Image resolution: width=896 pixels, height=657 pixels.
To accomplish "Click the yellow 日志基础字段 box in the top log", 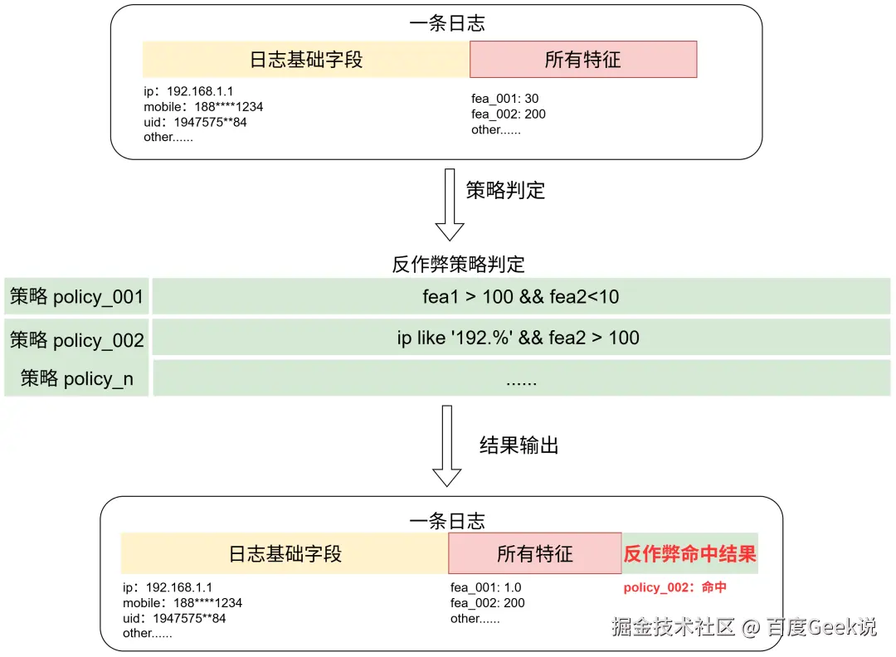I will click(306, 60).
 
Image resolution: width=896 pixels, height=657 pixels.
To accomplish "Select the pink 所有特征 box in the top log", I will click(582, 60).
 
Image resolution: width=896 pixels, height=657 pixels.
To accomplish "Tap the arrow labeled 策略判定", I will click(450, 204).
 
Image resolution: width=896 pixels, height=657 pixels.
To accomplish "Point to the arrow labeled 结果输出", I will click(447, 446).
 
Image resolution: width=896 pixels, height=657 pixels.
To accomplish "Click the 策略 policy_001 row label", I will click(76, 297).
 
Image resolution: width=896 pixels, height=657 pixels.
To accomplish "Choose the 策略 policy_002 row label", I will click(76, 340).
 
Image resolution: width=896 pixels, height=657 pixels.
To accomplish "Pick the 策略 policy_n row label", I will click(76, 379).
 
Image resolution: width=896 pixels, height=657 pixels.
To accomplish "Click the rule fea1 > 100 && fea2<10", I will click(521, 296).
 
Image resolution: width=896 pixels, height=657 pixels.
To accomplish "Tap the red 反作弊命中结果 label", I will click(690, 553).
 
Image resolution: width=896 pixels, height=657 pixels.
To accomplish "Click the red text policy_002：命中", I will click(675, 587).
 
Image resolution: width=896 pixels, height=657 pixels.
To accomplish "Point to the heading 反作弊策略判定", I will click(458, 265).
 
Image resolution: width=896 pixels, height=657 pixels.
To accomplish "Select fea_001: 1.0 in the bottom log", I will click(486, 587).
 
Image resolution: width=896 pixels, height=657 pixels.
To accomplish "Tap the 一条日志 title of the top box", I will click(447, 23).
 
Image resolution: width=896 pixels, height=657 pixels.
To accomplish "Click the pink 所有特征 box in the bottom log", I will click(534, 553).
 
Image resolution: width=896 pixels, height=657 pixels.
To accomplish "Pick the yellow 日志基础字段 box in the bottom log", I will click(285, 553).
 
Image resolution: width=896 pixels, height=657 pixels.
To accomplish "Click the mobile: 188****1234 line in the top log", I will click(203, 107).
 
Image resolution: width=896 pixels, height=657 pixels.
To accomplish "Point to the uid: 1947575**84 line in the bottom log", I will click(174, 618).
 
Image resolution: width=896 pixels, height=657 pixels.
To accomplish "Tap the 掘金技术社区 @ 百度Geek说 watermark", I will click(743, 626).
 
